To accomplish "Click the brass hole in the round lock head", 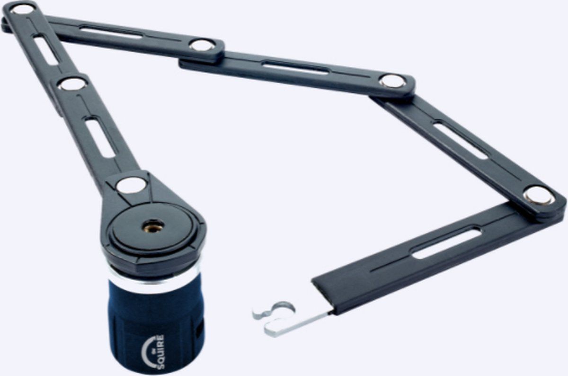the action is tap(153, 226).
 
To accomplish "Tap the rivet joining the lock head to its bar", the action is tap(131, 185).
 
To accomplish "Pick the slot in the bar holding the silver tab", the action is tap(445, 243).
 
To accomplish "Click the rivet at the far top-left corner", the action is tap(23, 9).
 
